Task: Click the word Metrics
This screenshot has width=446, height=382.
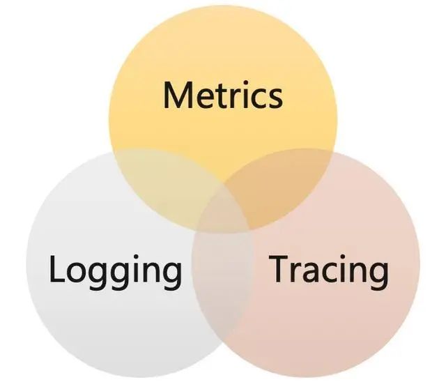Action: tap(223, 95)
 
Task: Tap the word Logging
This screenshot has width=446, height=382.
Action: tap(115, 270)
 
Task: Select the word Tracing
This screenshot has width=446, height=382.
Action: tap(329, 270)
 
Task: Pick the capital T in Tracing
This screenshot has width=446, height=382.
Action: tap(279, 269)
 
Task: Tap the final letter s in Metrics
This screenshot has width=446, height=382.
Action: tap(275, 98)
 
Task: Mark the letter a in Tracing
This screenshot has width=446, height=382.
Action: tap(313, 273)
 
